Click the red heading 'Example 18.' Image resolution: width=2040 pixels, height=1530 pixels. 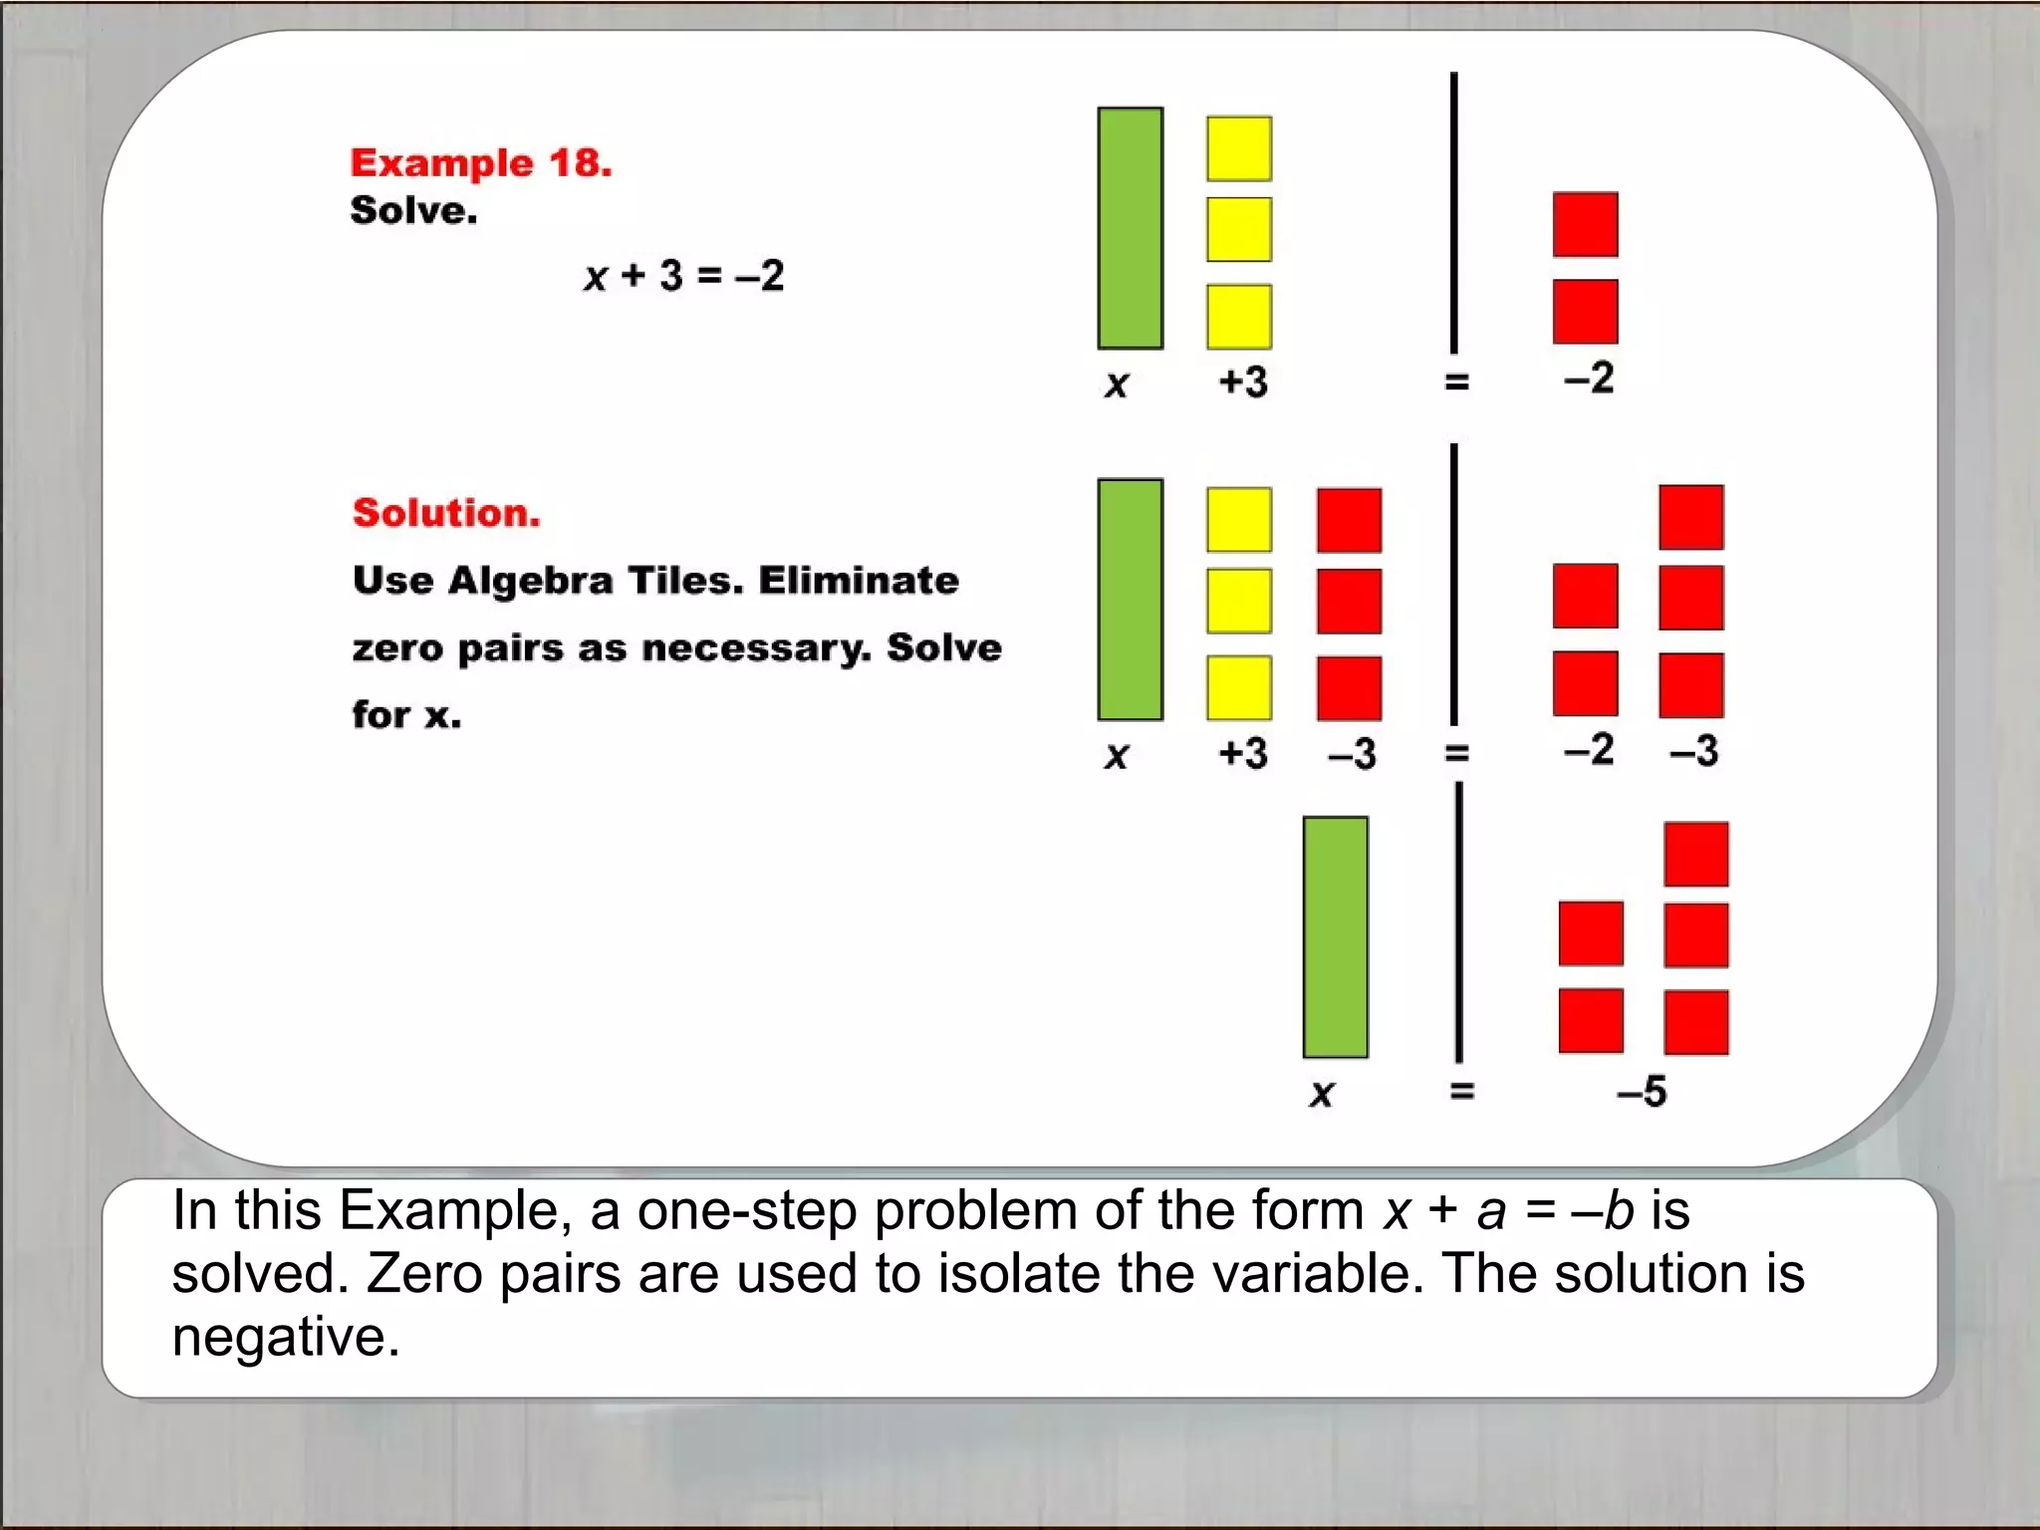(x=481, y=162)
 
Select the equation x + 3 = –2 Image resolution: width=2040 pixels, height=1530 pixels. (x=684, y=275)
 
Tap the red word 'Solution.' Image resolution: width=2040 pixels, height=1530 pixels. (x=446, y=513)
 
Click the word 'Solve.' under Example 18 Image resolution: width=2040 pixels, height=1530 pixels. (x=413, y=210)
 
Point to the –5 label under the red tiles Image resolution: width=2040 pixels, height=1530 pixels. (x=1642, y=1092)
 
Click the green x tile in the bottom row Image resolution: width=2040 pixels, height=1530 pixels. (x=1335, y=936)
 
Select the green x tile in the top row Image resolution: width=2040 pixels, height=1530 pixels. (x=1130, y=228)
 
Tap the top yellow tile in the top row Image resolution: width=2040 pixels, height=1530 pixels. (x=1239, y=148)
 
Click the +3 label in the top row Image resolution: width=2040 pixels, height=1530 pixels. (x=1243, y=382)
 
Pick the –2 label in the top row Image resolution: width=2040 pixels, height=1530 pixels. (x=1588, y=379)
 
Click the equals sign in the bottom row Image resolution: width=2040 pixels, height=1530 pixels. (x=1461, y=1092)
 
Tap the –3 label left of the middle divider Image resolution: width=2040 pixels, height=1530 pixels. (x=1352, y=754)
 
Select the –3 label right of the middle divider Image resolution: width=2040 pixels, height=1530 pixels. (x=1693, y=750)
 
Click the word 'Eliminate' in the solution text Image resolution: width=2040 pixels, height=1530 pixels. (x=859, y=580)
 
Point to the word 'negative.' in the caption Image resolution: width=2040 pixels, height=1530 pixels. (x=286, y=1337)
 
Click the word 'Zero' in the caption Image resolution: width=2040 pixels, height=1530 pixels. (x=425, y=1273)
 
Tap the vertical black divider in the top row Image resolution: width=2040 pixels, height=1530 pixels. (x=1454, y=212)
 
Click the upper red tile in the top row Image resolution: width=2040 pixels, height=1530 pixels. (x=1585, y=225)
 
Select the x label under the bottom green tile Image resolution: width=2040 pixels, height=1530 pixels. (x=1321, y=1094)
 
